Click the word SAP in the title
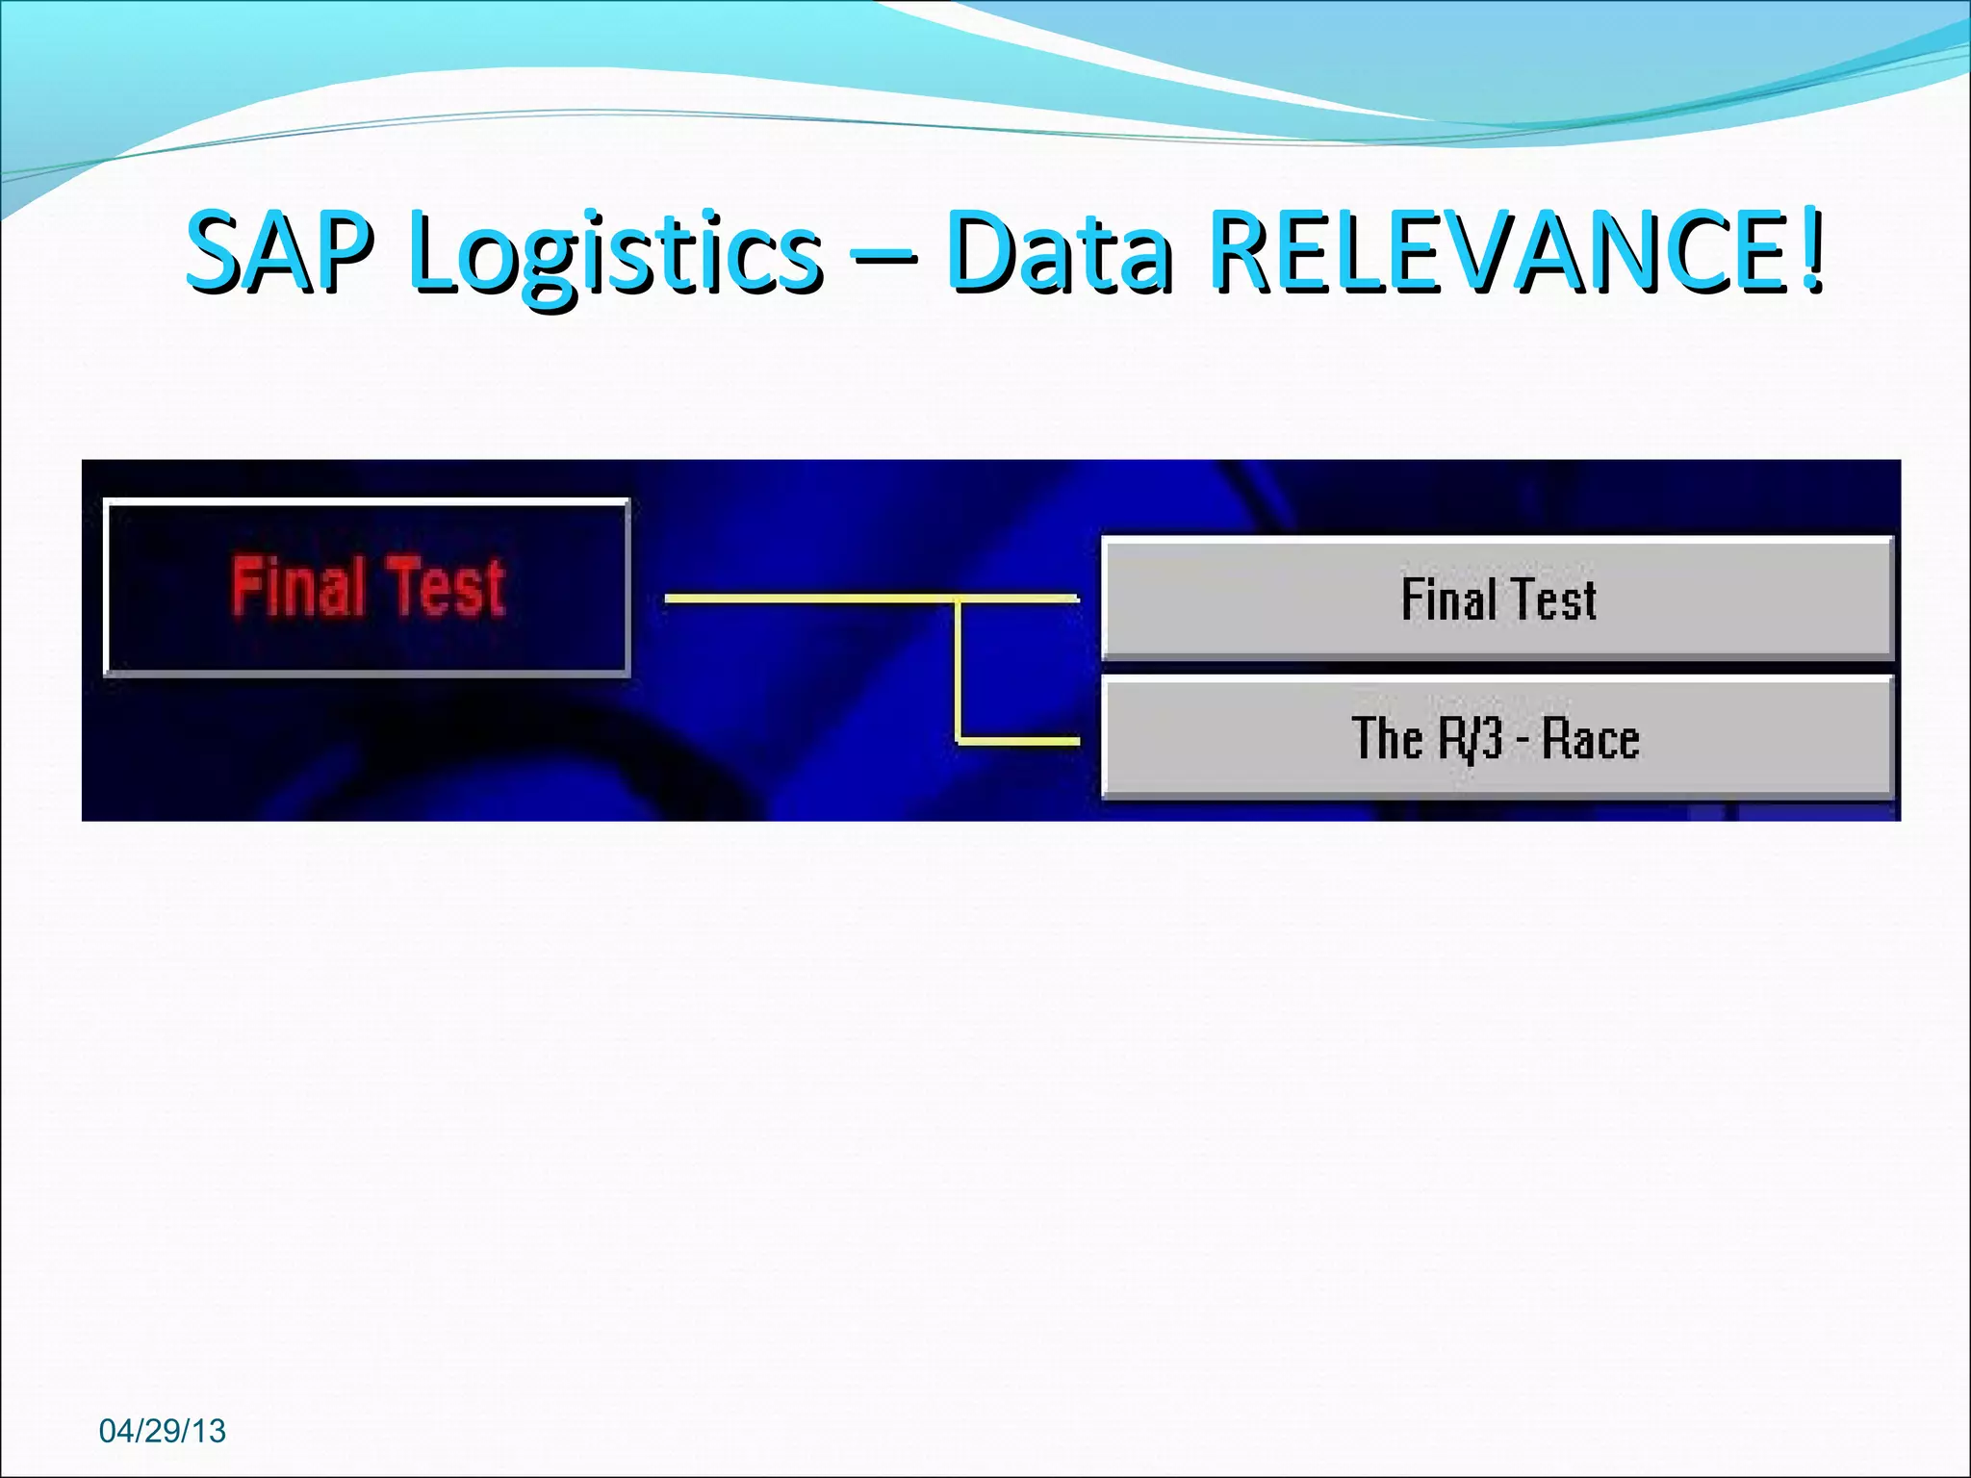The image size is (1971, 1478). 278,252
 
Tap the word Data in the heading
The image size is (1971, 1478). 1059,252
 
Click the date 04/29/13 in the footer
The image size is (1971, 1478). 162,1431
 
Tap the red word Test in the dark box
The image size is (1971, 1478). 446,586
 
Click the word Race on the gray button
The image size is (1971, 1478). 1590,739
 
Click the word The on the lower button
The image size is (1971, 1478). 1386,739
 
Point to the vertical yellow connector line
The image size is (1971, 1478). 959,674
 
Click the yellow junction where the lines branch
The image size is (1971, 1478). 959,599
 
